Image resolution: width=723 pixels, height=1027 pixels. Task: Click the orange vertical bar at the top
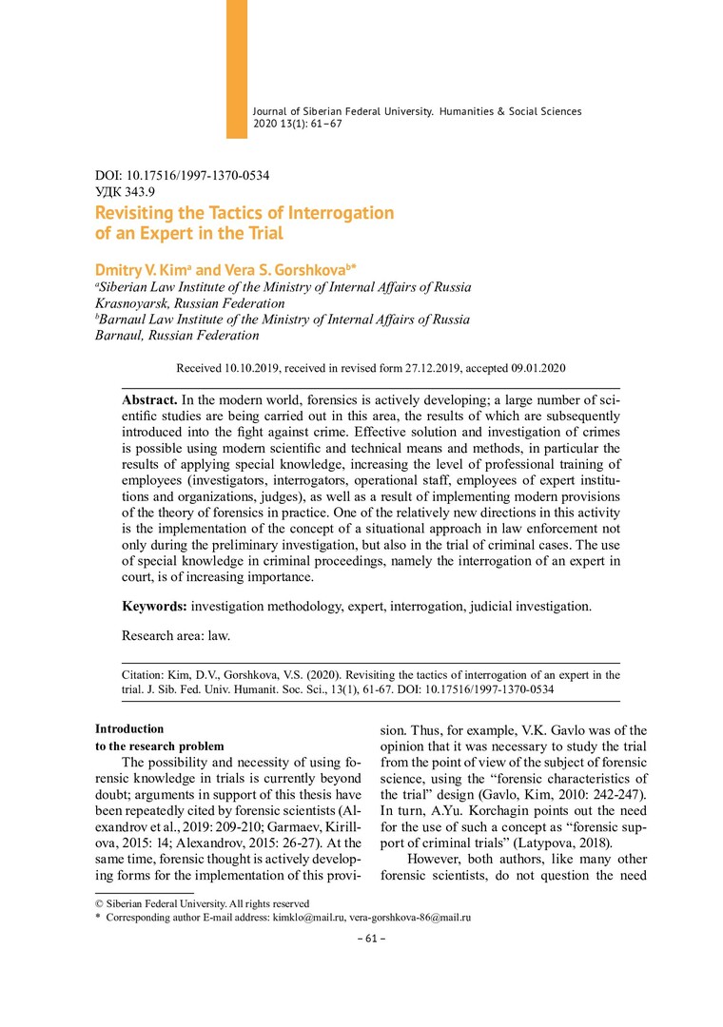tap(237, 68)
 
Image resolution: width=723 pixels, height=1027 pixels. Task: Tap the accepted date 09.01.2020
tap(541, 367)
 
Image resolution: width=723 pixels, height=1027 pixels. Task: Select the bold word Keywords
tap(156, 606)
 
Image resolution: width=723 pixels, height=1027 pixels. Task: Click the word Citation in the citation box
tap(147, 675)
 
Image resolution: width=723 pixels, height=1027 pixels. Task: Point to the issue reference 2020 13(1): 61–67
tap(303, 125)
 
